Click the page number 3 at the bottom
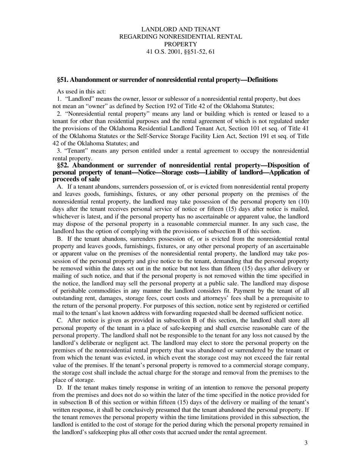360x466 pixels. point(305,443)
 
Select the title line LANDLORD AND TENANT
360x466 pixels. point(180,29)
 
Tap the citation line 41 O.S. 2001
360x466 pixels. point(180,52)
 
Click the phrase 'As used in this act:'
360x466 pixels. point(81,91)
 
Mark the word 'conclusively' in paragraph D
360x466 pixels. point(163,410)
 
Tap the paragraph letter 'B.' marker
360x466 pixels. point(60,239)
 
